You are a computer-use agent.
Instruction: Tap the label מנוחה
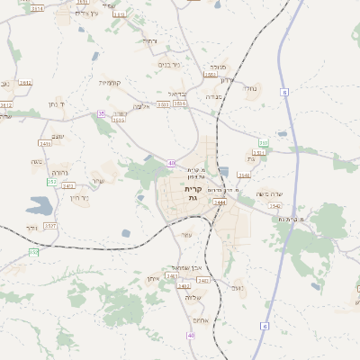[218, 67]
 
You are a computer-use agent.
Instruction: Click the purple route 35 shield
[102, 113]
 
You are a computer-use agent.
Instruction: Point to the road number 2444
[220, 202]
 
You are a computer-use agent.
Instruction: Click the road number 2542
[275, 206]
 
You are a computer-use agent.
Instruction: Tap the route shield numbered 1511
[258, 153]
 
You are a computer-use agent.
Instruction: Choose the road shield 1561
[211, 76]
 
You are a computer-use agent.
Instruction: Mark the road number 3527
[50, 225]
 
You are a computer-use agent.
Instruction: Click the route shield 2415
[45, 143]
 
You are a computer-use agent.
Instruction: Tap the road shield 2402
[184, 286]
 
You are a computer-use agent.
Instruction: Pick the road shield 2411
[68, 185]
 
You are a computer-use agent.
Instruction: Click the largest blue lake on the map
[40, 206]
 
